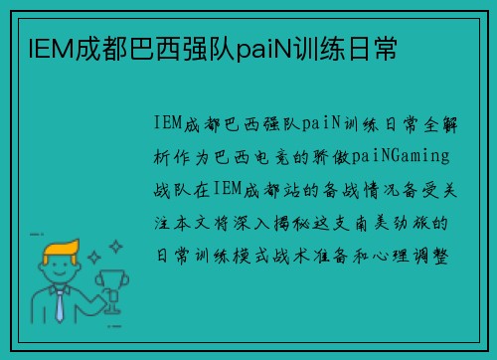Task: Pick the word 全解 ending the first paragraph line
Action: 434,125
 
